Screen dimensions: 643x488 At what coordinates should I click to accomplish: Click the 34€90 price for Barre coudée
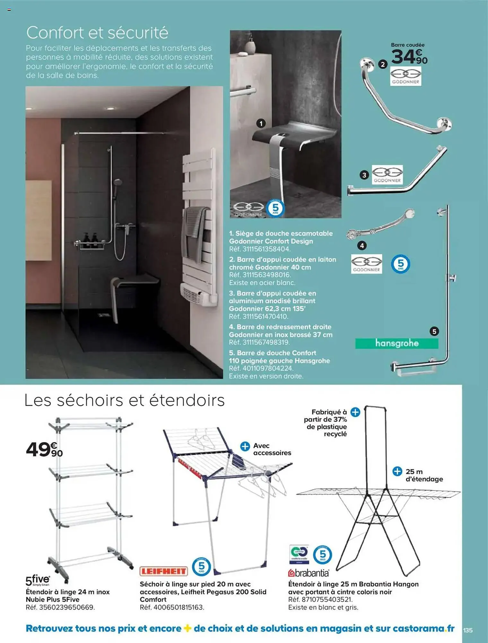[x=409, y=57]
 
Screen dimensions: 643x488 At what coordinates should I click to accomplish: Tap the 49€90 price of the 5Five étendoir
[x=44, y=449]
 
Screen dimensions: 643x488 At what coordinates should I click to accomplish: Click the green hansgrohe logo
[x=396, y=343]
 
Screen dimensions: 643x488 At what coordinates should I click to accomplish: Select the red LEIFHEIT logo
[x=164, y=571]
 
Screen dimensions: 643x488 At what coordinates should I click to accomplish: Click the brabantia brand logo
[x=309, y=573]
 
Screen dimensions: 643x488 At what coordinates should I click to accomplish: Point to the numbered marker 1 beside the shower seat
[x=261, y=123]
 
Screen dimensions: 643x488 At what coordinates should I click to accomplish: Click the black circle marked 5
[x=434, y=331]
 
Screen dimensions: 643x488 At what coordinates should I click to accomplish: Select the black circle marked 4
[x=362, y=246]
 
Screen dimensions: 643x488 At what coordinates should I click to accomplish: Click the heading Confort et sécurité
[x=97, y=33]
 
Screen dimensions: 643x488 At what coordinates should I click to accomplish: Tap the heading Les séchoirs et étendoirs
[x=124, y=401]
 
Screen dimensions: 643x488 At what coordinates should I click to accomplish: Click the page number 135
[x=468, y=630]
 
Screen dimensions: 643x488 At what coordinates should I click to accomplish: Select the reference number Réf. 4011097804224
[x=261, y=368]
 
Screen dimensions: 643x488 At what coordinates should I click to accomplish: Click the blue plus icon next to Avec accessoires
[x=245, y=446]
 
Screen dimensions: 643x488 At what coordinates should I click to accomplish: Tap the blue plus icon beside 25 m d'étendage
[x=397, y=472]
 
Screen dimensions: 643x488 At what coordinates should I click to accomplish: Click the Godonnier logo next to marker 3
[x=387, y=175]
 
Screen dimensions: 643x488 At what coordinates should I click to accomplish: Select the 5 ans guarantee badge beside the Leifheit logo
[x=201, y=567]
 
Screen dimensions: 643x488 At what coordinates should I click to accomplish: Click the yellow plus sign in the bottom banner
[x=187, y=628]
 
